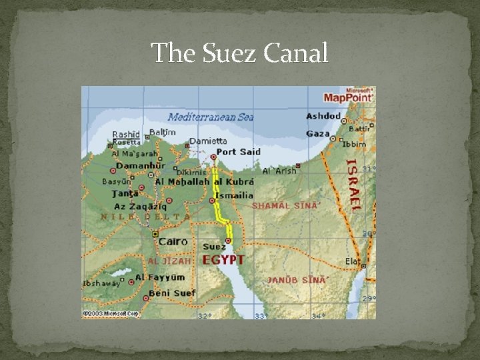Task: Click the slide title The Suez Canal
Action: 239,53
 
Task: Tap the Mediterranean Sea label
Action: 211,117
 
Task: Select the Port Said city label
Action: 237,151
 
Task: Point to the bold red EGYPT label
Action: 223,259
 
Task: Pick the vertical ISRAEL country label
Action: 353,184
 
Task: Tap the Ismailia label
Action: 233,195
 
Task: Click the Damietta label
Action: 208,141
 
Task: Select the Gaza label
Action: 318,133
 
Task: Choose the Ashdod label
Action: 323,116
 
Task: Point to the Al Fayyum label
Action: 159,277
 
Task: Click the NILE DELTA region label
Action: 145,216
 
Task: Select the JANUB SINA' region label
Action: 297,279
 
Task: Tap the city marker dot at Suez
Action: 228,241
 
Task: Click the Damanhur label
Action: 140,165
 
